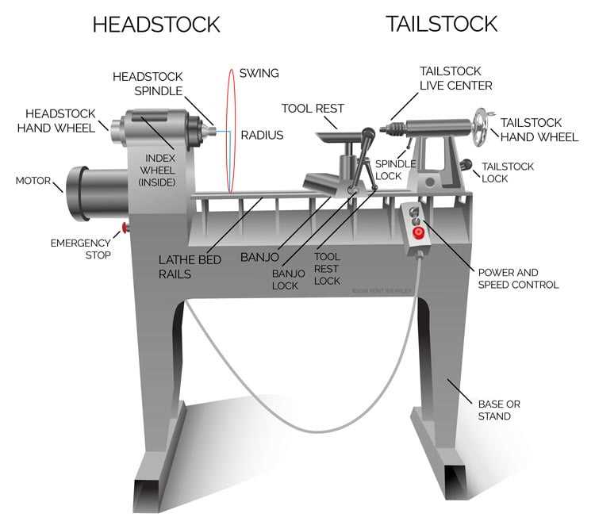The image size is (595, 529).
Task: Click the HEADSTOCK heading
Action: click(x=155, y=24)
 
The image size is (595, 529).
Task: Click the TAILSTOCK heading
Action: click(x=442, y=24)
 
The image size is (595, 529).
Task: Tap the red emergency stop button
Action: click(x=125, y=229)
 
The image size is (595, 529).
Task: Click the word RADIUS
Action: click(x=262, y=136)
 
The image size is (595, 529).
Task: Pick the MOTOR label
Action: click(x=33, y=181)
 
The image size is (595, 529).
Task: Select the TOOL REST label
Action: click(x=310, y=108)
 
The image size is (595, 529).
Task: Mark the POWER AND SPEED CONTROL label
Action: click(x=518, y=278)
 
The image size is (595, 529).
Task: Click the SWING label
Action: click(x=259, y=73)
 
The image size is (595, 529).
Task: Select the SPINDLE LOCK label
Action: click(x=390, y=169)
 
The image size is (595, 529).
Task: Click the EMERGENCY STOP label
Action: click(x=80, y=249)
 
